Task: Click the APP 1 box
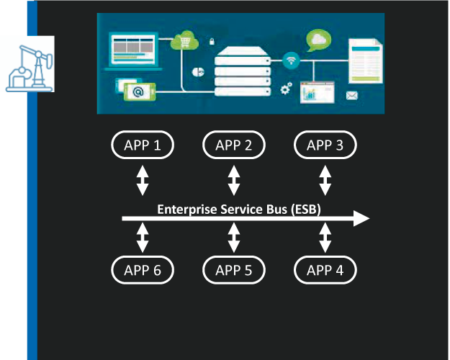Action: (x=143, y=145)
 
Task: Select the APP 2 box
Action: (x=234, y=145)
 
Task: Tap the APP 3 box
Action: (x=325, y=145)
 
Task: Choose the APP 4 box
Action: (x=325, y=270)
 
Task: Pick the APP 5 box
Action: (x=234, y=270)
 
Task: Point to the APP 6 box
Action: (x=143, y=270)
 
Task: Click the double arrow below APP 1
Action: (x=143, y=180)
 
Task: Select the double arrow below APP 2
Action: (x=234, y=180)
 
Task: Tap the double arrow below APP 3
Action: (x=325, y=180)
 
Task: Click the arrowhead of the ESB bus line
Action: (x=361, y=218)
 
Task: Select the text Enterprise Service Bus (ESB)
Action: (x=239, y=210)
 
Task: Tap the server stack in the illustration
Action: (x=242, y=73)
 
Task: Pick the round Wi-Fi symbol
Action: (x=291, y=59)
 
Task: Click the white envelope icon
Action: (x=352, y=95)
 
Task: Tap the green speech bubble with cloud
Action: (x=318, y=39)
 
